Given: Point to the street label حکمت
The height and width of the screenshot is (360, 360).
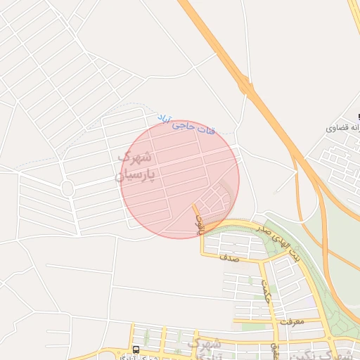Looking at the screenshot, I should pyautogui.click(x=265, y=288).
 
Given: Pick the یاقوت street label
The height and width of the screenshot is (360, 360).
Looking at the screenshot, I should pyautogui.click(x=199, y=223).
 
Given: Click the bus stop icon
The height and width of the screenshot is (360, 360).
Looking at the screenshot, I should pyautogui.click(x=135, y=349).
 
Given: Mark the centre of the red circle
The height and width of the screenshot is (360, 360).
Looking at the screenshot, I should pyautogui.click(x=180, y=179).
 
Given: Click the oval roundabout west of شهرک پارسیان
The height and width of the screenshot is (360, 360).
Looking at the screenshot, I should pyautogui.click(x=67, y=188).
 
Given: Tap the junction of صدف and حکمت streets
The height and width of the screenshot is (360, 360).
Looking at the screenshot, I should pyautogui.click(x=260, y=260).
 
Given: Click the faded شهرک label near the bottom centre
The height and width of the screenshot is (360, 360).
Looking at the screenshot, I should pyautogui.click(x=209, y=344).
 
